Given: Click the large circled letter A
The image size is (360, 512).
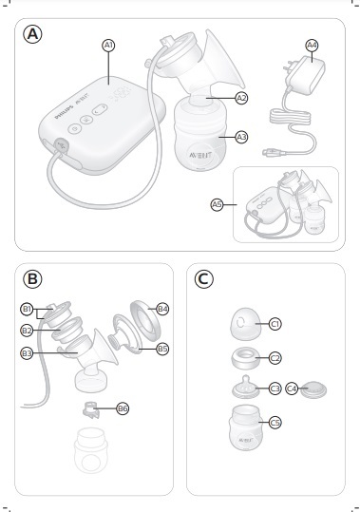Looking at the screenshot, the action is pyautogui.click(x=32, y=34).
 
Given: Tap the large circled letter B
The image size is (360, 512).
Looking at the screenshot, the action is pyautogui.click(x=32, y=279).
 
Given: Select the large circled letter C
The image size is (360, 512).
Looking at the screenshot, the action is pyautogui.click(x=204, y=279).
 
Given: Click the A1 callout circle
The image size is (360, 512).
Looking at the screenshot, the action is pyautogui.click(x=108, y=46).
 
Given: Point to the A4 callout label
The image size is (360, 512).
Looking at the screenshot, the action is pyautogui.click(x=312, y=46).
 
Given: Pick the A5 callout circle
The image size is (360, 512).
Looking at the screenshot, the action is pyautogui.click(x=217, y=205).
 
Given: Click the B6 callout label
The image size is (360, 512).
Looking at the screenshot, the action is pyautogui.click(x=123, y=408).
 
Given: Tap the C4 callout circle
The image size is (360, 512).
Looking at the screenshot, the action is pyautogui.click(x=292, y=389).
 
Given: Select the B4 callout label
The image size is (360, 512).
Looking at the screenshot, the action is pyautogui.click(x=162, y=309).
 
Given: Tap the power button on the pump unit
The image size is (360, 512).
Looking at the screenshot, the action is pyautogui.click(x=75, y=128).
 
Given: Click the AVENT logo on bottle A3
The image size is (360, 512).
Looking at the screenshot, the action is pyautogui.click(x=200, y=155).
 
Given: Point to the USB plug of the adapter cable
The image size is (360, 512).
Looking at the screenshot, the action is pyautogui.click(x=271, y=152).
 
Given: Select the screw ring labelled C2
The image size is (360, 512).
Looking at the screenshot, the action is pyautogui.click(x=245, y=358).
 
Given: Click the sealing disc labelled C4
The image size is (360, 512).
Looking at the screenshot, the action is pyautogui.click(x=313, y=389).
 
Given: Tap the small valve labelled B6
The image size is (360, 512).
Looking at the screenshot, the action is pyautogui.click(x=90, y=409).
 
